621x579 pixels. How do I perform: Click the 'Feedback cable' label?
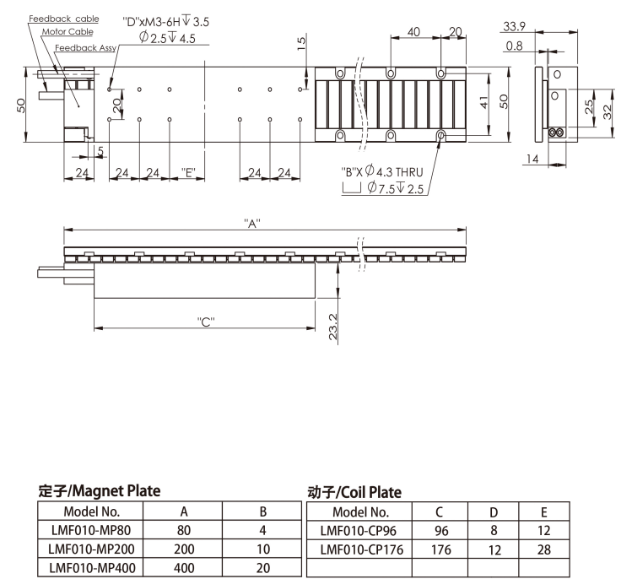tap(64, 19)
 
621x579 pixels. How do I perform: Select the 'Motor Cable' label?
tap(67, 32)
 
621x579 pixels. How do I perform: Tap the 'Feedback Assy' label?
tap(85, 48)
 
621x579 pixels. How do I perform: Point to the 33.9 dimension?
tap(514, 26)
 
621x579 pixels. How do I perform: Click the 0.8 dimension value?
tap(514, 46)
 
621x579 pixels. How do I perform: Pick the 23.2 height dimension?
tap(333, 327)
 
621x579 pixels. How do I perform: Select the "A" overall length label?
tap(252, 224)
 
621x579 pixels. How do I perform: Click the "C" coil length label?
tap(206, 322)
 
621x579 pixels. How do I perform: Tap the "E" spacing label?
tap(188, 172)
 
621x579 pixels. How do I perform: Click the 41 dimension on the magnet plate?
tap(484, 102)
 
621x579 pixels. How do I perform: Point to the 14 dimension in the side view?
tap(532, 159)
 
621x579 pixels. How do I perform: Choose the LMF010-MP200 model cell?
tap(91, 549)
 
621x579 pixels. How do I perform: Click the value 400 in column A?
tap(184, 568)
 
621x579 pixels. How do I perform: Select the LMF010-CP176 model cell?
tap(362, 549)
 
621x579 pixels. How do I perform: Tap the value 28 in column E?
tap(543, 549)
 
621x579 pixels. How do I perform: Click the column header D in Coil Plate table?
tap(494, 512)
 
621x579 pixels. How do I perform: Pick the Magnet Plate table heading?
tap(100, 491)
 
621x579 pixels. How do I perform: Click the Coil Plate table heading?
tap(354, 493)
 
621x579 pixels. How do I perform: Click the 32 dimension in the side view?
tap(607, 112)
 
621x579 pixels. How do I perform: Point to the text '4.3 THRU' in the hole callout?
tap(399, 172)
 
